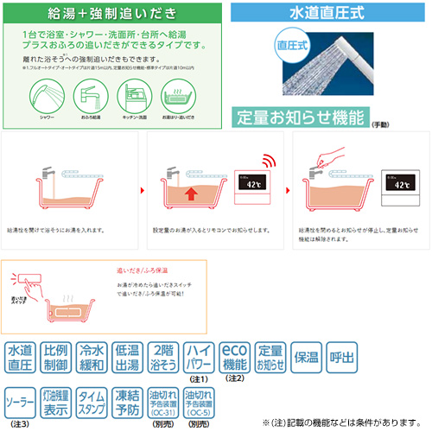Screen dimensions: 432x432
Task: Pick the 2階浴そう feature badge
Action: click(x=163, y=357)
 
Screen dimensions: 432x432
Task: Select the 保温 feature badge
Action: click(x=308, y=357)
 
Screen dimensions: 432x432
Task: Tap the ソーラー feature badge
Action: click(x=21, y=401)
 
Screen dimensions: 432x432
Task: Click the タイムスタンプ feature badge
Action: click(x=91, y=401)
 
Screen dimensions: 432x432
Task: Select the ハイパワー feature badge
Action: click(x=200, y=355)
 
